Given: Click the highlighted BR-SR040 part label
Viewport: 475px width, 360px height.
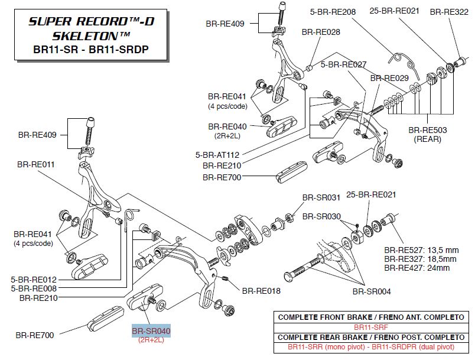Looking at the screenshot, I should [x=151, y=332].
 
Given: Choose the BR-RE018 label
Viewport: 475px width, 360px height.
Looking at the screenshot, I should [x=261, y=291].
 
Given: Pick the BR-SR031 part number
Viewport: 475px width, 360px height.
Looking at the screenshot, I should [x=321, y=197].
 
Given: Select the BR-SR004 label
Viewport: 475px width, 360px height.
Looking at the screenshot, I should [x=372, y=291].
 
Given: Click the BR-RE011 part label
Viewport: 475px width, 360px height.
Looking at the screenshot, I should [x=36, y=164].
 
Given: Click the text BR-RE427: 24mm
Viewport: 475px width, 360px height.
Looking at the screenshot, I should [x=417, y=268].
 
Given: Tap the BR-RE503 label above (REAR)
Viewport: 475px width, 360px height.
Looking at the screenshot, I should [x=428, y=130].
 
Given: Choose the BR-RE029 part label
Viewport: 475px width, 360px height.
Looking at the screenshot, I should [x=389, y=78].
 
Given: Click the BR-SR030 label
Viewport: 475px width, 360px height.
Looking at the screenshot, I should [x=321, y=216].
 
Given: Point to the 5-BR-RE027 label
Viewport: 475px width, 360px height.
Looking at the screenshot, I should [x=344, y=64].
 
